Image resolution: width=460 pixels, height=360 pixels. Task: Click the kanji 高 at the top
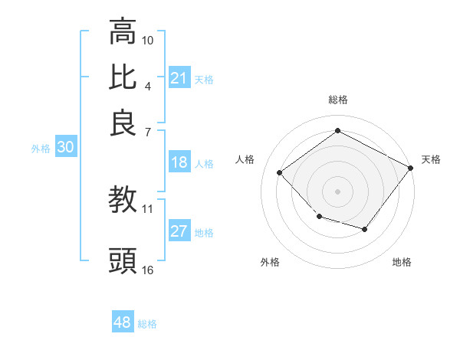coord(123,33)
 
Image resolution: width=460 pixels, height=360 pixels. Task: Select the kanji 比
coord(123,77)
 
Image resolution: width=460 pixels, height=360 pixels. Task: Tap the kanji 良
coord(123,122)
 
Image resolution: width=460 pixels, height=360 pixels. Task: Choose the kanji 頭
coord(123,261)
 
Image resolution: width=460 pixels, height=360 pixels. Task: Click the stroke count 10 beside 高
coord(148,40)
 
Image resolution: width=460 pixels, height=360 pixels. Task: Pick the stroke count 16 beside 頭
coord(148,270)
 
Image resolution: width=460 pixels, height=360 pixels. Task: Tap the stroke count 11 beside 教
coord(148,208)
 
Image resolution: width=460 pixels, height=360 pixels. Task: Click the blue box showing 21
coord(179,78)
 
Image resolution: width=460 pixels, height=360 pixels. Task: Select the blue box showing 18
coord(179,162)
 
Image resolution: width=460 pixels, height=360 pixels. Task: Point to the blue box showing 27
coord(179,232)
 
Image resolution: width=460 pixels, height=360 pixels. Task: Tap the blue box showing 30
coord(65,148)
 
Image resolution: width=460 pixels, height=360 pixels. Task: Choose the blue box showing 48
coord(123,322)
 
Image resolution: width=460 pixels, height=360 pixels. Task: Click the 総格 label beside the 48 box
coord(147,324)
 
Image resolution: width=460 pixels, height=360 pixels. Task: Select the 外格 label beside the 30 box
coord(41,149)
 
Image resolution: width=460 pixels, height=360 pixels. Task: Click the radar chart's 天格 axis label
coord(431,159)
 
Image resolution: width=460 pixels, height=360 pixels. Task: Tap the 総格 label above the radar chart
coord(337,100)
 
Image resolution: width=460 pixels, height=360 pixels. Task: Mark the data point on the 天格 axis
coord(410,168)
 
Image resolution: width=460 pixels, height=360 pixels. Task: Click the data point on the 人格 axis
coord(280,173)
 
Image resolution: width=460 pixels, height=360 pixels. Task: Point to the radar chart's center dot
coord(337,191)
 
